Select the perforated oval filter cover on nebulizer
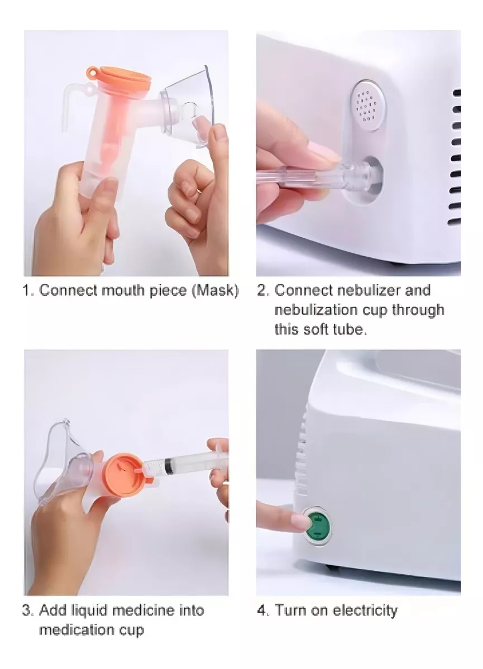[x=366, y=105]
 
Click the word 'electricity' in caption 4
[x=365, y=610]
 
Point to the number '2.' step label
[x=263, y=291]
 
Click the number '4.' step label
[x=263, y=610]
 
